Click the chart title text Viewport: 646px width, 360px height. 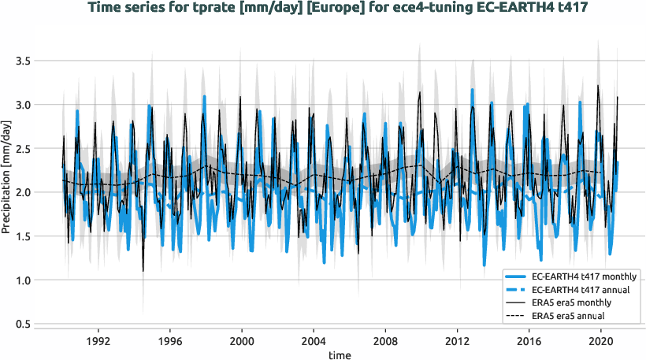(x=340, y=9)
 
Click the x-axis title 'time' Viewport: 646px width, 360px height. (x=340, y=355)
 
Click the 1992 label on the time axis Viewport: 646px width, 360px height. (x=98, y=342)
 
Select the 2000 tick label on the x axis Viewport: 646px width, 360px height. (x=242, y=342)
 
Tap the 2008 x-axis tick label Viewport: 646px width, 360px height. (x=385, y=342)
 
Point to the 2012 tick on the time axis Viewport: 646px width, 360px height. (x=458, y=342)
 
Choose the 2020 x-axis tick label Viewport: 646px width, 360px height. (x=601, y=342)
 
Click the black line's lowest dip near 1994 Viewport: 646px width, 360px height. (x=143, y=271)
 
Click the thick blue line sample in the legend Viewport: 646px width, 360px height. (x=517, y=276)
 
